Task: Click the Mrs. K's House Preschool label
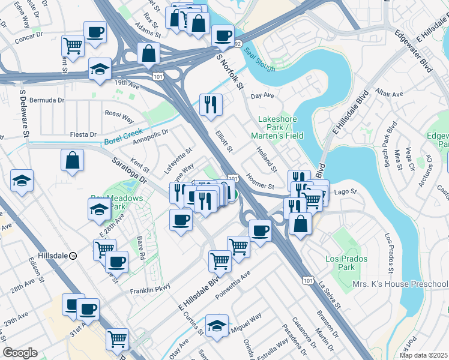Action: [400, 284]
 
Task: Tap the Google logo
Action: [20, 353]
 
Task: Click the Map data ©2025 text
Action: [424, 355]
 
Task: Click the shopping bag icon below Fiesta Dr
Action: [72, 160]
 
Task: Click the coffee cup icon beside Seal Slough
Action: [223, 35]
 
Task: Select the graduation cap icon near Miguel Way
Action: [217, 325]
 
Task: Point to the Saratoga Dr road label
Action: [130, 169]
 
